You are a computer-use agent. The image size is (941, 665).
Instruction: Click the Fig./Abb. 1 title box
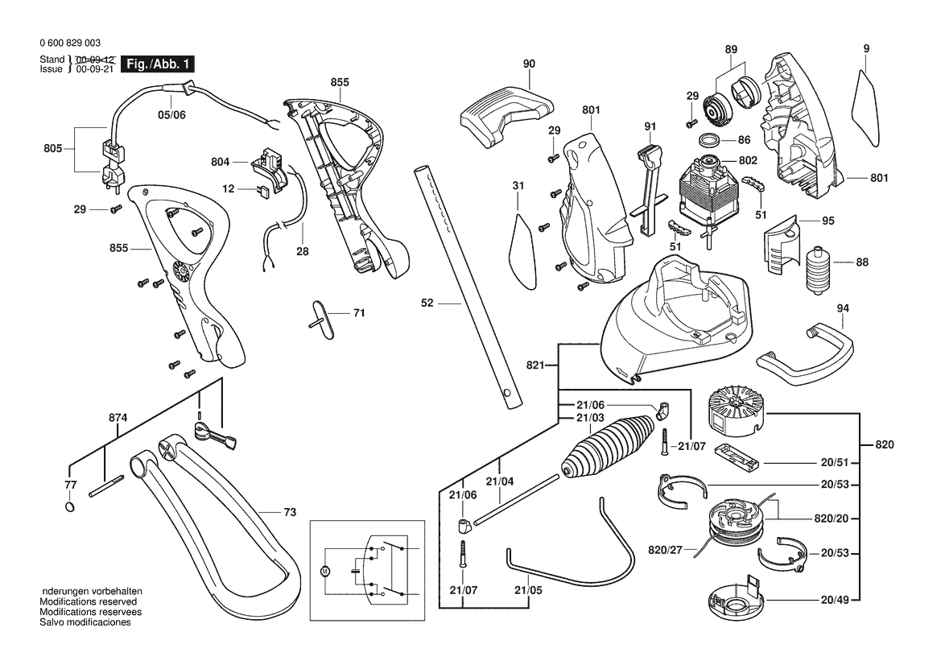pyautogui.click(x=158, y=64)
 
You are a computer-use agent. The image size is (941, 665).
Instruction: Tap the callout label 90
pyautogui.click(x=529, y=64)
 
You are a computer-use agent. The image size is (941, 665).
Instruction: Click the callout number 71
pyautogui.click(x=359, y=312)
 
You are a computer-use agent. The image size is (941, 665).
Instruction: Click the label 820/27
pyautogui.click(x=665, y=550)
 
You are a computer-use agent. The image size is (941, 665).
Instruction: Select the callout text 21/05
pyautogui.click(x=529, y=590)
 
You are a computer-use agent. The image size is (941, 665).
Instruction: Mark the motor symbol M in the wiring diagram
pyautogui.click(x=326, y=572)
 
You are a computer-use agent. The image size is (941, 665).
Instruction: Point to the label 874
pyautogui.click(x=118, y=417)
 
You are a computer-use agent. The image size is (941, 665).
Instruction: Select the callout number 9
pyautogui.click(x=866, y=49)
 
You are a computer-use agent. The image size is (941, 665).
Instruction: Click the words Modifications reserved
pyautogui.click(x=89, y=601)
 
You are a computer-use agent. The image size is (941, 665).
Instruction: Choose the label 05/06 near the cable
pyautogui.click(x=171, y=114)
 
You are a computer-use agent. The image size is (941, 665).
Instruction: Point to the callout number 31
pyautogui.click(x=518, y=186)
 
